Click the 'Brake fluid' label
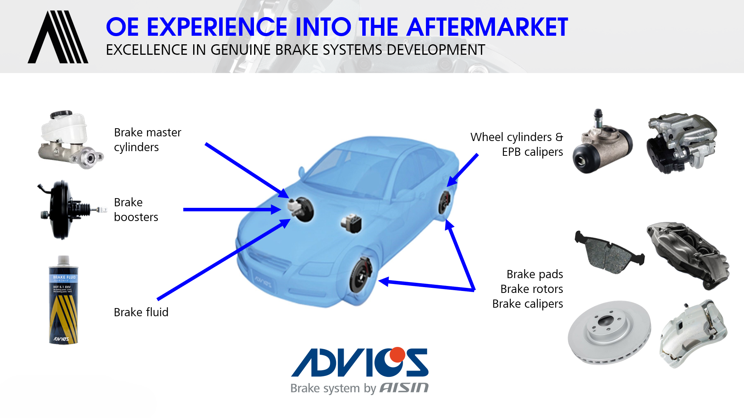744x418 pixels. [141, 312]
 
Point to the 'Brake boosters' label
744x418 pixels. [136, 209]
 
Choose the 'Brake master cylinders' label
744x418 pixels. [147, 139]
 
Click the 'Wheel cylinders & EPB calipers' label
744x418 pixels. [516, 144]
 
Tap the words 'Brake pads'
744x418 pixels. [535, 274]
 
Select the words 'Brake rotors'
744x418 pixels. [531, 289]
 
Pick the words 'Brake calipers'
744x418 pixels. [527, 303]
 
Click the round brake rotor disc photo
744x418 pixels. [609, 332]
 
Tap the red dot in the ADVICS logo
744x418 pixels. [397, 354]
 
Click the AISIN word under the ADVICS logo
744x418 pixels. [404, 388]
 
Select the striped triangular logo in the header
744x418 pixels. [58, 37]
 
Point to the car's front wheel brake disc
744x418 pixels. [360, 276]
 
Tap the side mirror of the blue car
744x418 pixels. [301, 171]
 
